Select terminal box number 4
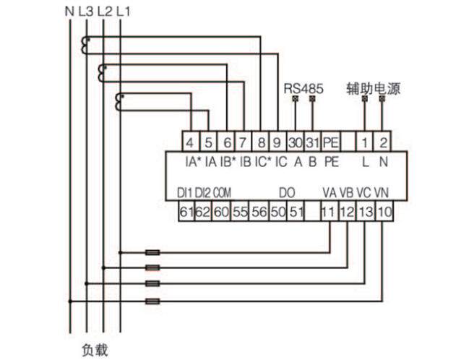[x=189, y=141]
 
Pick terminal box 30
[x=296, y=141]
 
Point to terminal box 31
[x=313, y=141]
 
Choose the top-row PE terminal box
[x=331, y=141]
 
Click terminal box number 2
[x=384, y=141]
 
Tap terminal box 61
[x=186, y=212]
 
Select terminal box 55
[x=239, y=212]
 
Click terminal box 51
[x=296, y=212]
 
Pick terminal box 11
[x=329, y=212]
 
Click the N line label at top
[x=69, y=11]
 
